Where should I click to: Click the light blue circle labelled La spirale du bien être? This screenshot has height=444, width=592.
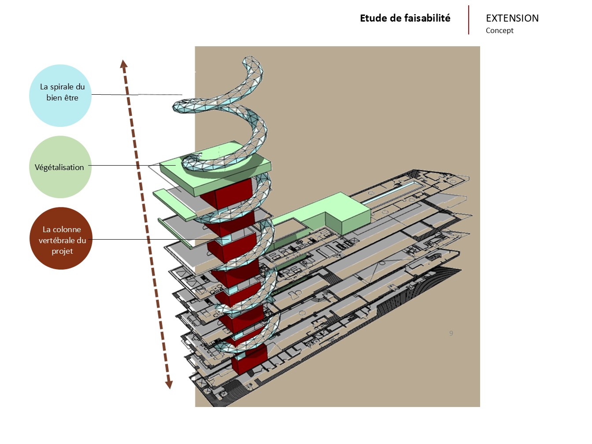[x=60, y=96]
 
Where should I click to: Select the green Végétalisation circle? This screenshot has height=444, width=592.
[x=60, y=167]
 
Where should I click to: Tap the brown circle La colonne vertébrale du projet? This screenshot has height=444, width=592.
[x=61, y=238]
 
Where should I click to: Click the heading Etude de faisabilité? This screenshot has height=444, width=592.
[x=405, y=18]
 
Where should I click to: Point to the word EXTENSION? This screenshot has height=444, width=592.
[x=512, y=18]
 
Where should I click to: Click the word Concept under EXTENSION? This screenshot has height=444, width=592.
[x=499, y=30]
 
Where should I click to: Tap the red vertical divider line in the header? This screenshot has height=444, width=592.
[x=469, y=20]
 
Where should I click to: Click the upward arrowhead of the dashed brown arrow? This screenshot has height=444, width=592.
[x=124, y=64]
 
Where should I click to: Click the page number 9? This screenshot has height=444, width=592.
[x=451, y=333]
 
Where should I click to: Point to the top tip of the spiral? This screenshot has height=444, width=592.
[x=249, y=60]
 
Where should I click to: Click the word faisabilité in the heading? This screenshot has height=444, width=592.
[x=429, y=18]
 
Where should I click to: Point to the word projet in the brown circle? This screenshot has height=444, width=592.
[x=62, y=251]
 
